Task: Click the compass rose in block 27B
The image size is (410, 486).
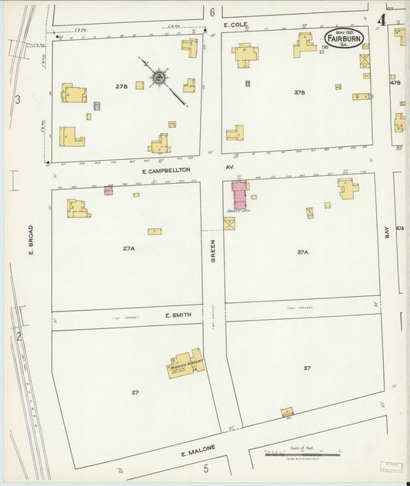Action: click(159, 76)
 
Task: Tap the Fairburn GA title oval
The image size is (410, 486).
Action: click(343, 38)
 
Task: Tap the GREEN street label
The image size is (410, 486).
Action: click(213, 251)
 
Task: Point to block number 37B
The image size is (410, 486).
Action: click(299, 92)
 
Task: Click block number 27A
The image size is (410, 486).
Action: click(128, 248)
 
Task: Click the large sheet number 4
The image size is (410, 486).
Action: click(382, 20)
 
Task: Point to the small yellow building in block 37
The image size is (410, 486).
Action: click(287, 412)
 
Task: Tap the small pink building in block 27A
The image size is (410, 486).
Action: click(108, 189)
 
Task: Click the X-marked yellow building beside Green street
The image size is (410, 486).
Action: click(229, 224)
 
